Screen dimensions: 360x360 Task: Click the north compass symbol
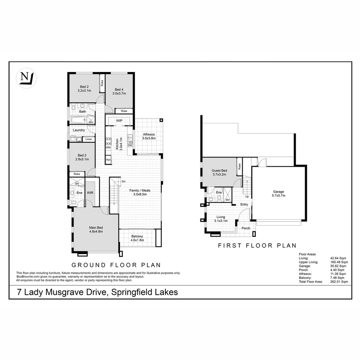(x=26, y=78)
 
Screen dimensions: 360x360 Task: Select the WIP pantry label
(x=120, y=120)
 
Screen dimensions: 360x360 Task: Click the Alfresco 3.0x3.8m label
(x=149, y=136)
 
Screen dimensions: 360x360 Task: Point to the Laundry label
(x=79, y=130)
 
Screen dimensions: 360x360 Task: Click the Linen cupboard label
(x=88, y=139)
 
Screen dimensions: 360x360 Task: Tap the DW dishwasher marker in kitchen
(x=130, y=145)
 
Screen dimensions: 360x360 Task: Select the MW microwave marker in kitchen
(x=108, y=147)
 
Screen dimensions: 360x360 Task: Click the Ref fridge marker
(x=108, y=160)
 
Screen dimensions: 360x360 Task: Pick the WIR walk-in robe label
(x=90, y=193)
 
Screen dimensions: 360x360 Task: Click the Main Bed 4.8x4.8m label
(x=96, y=229)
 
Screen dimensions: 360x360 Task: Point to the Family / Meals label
(x=140, y=192)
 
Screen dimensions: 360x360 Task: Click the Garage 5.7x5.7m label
(x=278, y=194)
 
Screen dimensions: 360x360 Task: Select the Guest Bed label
(x=219, y=172)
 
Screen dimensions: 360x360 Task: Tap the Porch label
(x=246, y=228)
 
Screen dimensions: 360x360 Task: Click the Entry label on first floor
(x=244, y=204)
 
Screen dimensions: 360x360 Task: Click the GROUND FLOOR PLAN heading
(x=116, y=265)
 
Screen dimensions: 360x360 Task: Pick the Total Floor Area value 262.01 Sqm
(x=340, y=282)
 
